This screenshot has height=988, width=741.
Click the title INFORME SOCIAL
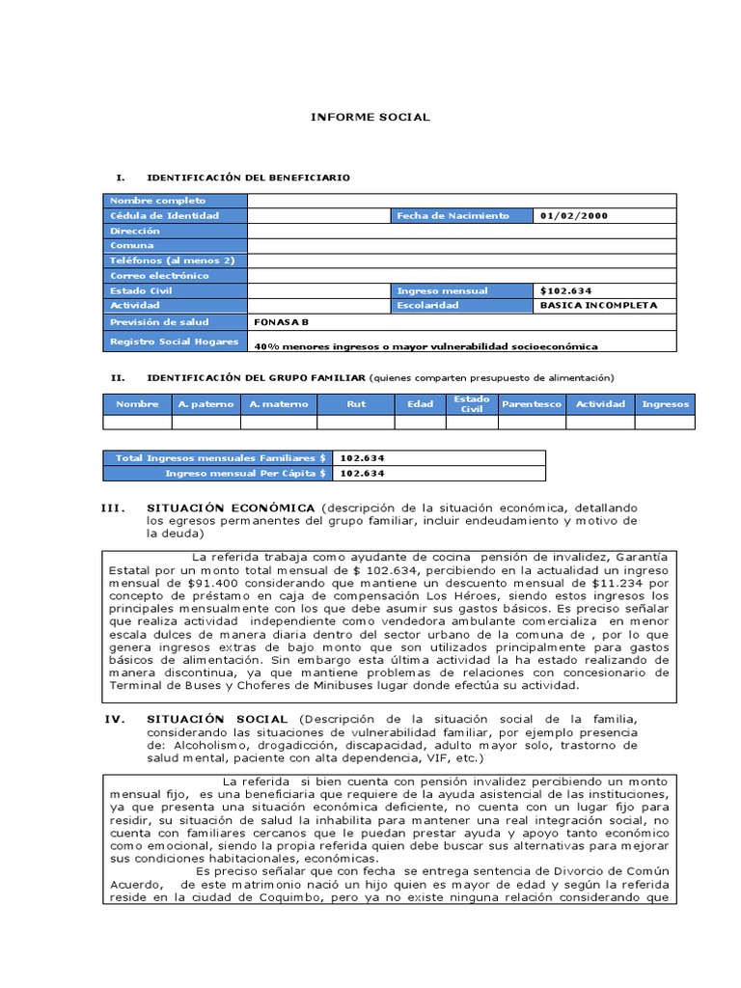pyautogui.click(x=370, y=117)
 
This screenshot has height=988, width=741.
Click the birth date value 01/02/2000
pyautogui.click(x=575, y=216)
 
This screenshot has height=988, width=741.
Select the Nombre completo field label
pyautogui.click(x=145, y=201)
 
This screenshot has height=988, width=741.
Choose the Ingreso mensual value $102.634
pyautogui.click(x=566, y=290)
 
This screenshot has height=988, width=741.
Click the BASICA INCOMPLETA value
pyautogui.click(x=599, y=305)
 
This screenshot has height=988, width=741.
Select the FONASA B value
pyautogui.click(x=282, y=322)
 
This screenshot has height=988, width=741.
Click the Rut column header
pyautogui.click(x=356, y=404)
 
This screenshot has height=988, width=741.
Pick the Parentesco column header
pyautogui.click(x=531, y=404)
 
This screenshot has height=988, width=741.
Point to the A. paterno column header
pyautogui.click(x=206, y=404)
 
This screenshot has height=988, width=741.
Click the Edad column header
pyautogui.click(x=420, y=404)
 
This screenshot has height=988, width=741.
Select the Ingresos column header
pyautogui.click(x=665, y=404)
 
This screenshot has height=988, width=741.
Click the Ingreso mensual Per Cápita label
pyautogui.click(x=246, y=474)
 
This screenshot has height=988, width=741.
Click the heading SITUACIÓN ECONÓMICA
pyautogui.click(x=231, y=508)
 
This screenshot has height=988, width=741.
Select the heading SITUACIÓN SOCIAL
pyautogui.click(x=217, y=719)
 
